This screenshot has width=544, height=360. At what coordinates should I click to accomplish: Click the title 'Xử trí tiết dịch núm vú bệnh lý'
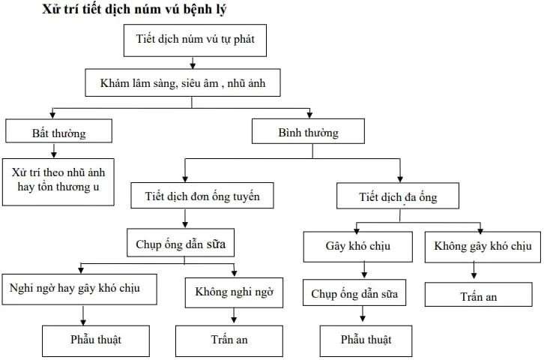click(135, 10)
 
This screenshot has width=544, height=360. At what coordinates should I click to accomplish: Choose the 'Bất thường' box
click(58, 133)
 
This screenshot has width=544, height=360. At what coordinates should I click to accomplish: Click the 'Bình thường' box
click(308, 132)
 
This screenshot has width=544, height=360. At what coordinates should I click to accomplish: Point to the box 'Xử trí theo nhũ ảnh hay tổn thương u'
click(58, 180)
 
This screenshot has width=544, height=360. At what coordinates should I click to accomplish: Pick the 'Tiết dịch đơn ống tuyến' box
click(202, 196)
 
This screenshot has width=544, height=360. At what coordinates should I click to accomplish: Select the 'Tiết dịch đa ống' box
click(397, 197)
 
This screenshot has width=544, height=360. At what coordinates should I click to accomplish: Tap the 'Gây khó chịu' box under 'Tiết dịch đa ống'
click(357, 245)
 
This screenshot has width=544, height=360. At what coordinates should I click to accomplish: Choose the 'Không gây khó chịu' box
click(482, 245)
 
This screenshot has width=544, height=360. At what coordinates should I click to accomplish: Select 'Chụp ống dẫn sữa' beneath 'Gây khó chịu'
click(354, 293)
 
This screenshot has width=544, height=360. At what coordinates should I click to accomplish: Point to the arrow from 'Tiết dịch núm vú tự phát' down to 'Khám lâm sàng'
click(193, 64)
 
